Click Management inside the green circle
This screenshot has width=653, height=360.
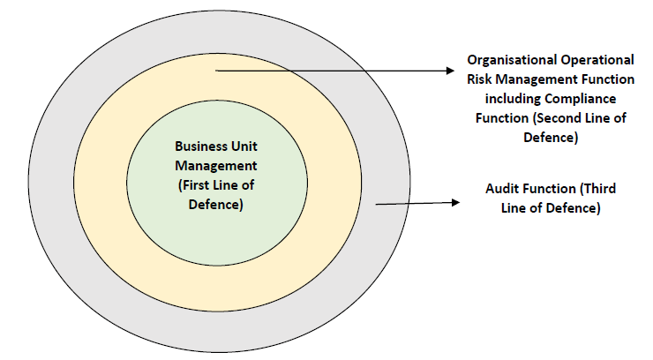[217, 166]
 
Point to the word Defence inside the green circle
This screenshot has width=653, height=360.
[217, 205]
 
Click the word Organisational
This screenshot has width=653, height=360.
[510, 60]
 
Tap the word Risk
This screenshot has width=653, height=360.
[481, 79]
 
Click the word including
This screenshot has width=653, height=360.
[506, 99]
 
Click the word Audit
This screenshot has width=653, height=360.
[502, 190]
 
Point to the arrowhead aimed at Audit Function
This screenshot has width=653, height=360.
[456, 202]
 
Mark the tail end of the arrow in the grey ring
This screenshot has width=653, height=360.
[377, 205]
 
